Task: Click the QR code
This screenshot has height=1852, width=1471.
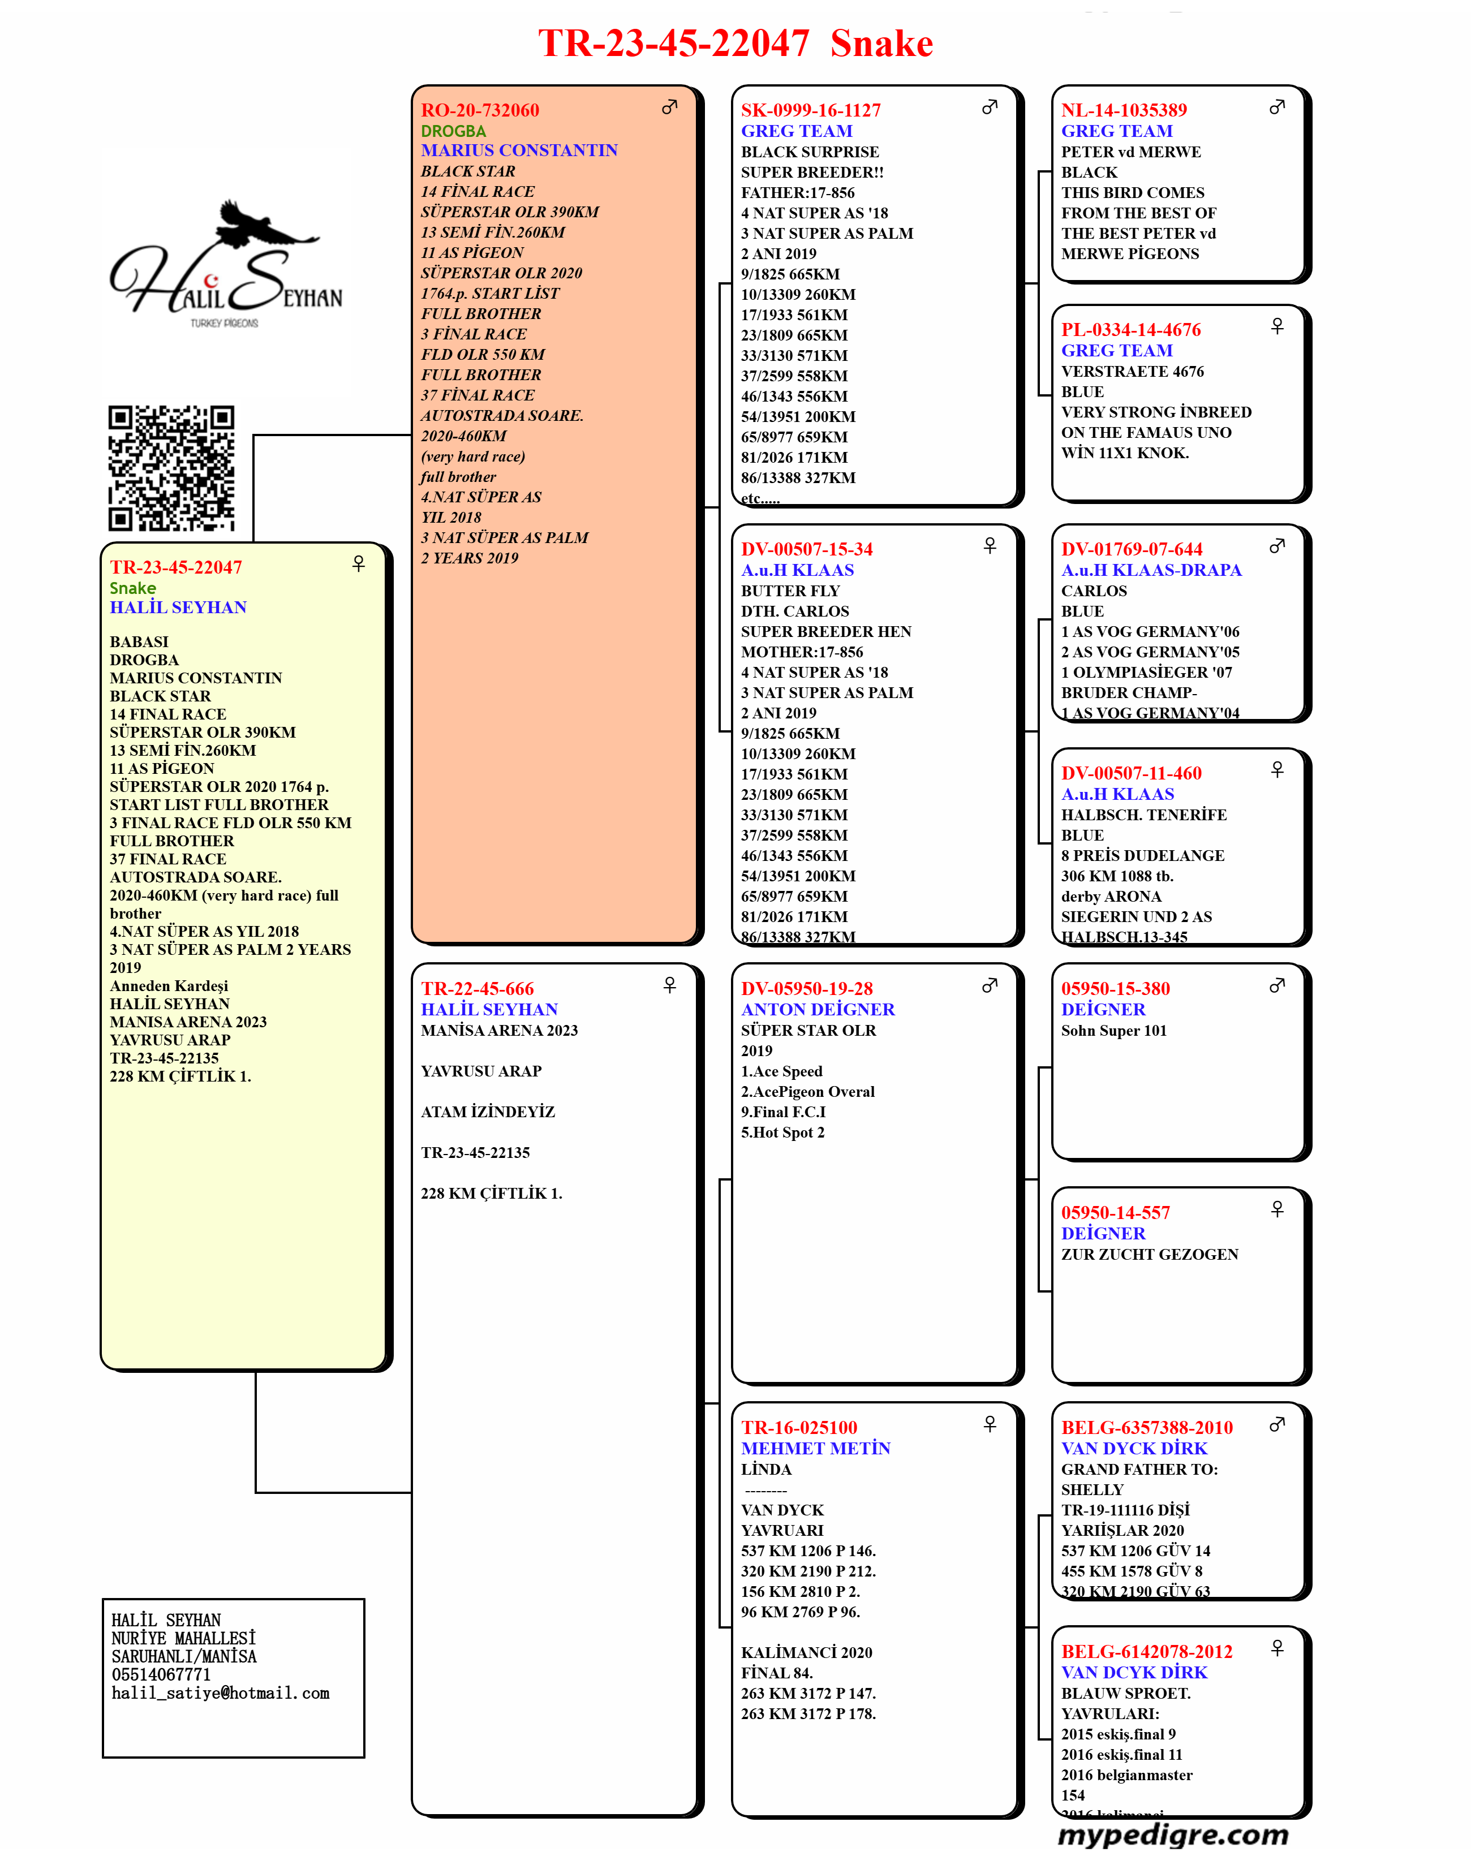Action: (x=171, y=468)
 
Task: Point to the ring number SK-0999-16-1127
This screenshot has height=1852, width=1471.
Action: (x=810, y=110)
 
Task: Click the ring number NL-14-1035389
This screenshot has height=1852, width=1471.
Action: (x=1123, y=110)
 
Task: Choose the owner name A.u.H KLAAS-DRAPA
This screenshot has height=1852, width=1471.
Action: (x=1151, y=570)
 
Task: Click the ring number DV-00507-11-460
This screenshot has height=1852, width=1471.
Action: (x=1131, y=773)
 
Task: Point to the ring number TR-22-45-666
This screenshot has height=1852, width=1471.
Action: (x=477, y=989)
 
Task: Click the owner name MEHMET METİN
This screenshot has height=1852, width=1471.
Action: (x=815, y=1448)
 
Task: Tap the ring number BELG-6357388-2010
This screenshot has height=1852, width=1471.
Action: (x=1146, y=1428)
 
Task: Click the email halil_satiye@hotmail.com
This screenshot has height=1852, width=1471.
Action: (x=220, y=1693)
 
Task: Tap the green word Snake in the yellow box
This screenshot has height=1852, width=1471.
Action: (x=132, y=588)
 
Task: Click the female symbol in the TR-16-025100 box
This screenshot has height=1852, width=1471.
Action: (x=990, y=1424)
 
